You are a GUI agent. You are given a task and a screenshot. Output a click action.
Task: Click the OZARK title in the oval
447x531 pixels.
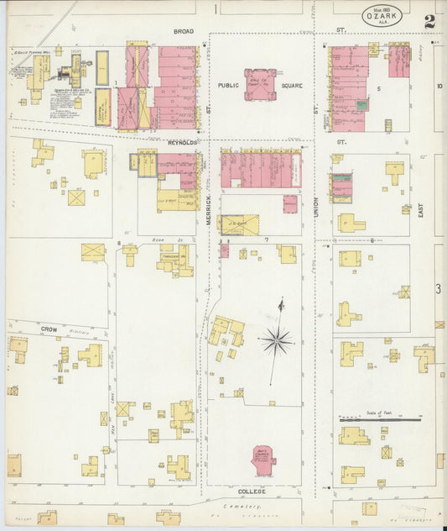pyautogui.click(x=382, y=15)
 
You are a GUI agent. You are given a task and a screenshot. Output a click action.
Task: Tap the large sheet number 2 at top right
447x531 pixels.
pyautogui.click(x=430, y=21)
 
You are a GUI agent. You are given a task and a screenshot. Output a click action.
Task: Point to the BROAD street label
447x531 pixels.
pyautogui.click(x=184, y=31)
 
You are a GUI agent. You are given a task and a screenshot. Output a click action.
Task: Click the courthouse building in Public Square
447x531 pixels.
pyautogui.click(x=260, y=84)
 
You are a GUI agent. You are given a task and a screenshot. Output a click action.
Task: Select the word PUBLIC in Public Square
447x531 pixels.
pyautogui.click(x=229, y=85)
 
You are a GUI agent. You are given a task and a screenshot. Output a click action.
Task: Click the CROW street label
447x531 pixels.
pyautogui.click(x=48, y=329)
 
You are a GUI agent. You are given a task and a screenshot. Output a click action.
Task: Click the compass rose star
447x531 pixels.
pyautogui.click(x=276, y=340)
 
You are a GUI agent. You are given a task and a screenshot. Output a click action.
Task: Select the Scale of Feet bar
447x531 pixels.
pyautogui.click(x=380, y=418)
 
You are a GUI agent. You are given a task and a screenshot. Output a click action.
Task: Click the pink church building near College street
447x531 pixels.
pyautogui.click(x=264, y=460)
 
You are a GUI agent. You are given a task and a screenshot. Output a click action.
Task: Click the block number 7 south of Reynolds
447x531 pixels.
pyautogui.click(x=266, y=240)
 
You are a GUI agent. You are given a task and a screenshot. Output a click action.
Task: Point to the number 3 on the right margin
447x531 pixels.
pyautogui.click(x=439, y=289)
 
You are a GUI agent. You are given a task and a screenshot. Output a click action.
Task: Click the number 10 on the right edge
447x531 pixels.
pyautogui.click(x=439, y=86)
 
